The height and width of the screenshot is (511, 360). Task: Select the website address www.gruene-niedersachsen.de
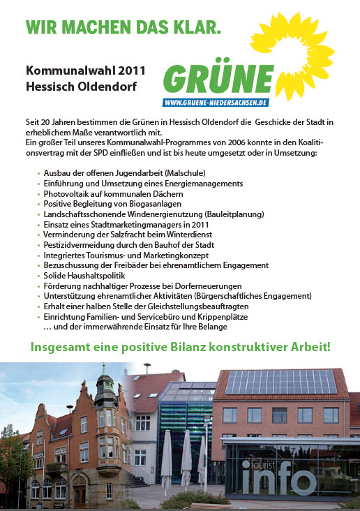216,103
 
